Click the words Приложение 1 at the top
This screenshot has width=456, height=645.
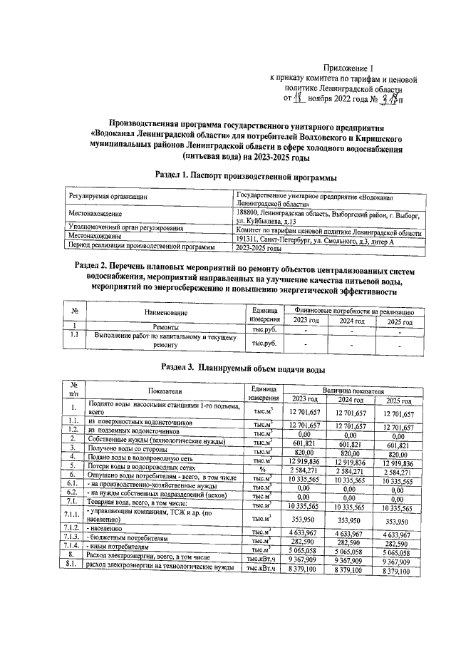pyautogui.click(x=343, y=65)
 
